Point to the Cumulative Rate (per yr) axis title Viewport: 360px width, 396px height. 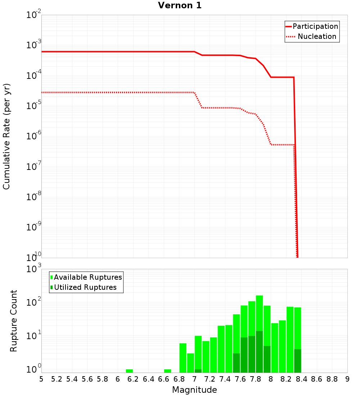pyautogui.click(x=6, y=136)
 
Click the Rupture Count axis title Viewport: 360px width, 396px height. pyautogui.click(x=14, y=320)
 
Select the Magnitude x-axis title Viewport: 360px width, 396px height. pyautogui.click(x=194, y=390)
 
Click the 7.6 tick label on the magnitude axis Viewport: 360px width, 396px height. pyautogui.click(x=240, y=379)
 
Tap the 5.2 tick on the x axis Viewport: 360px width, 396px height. pyautogui.click(x=57, y=379)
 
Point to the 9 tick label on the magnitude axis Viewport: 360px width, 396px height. pyautogui.click(x=347, y=379)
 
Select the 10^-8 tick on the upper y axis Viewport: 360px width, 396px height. pyautogui.click(x=34, y=197)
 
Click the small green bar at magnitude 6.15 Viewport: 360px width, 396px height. pyautogui.click(x=129, y=371)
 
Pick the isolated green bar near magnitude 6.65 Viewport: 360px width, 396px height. pyautogui.click(x=167, y=371)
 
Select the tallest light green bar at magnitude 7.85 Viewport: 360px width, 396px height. pyautogui.click(x=259, y=313)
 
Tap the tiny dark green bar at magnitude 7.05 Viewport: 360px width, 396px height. pyautogui.click(x=198, y=371)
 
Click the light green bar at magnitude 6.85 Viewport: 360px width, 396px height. pyautogui.click(x=183, y=358)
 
